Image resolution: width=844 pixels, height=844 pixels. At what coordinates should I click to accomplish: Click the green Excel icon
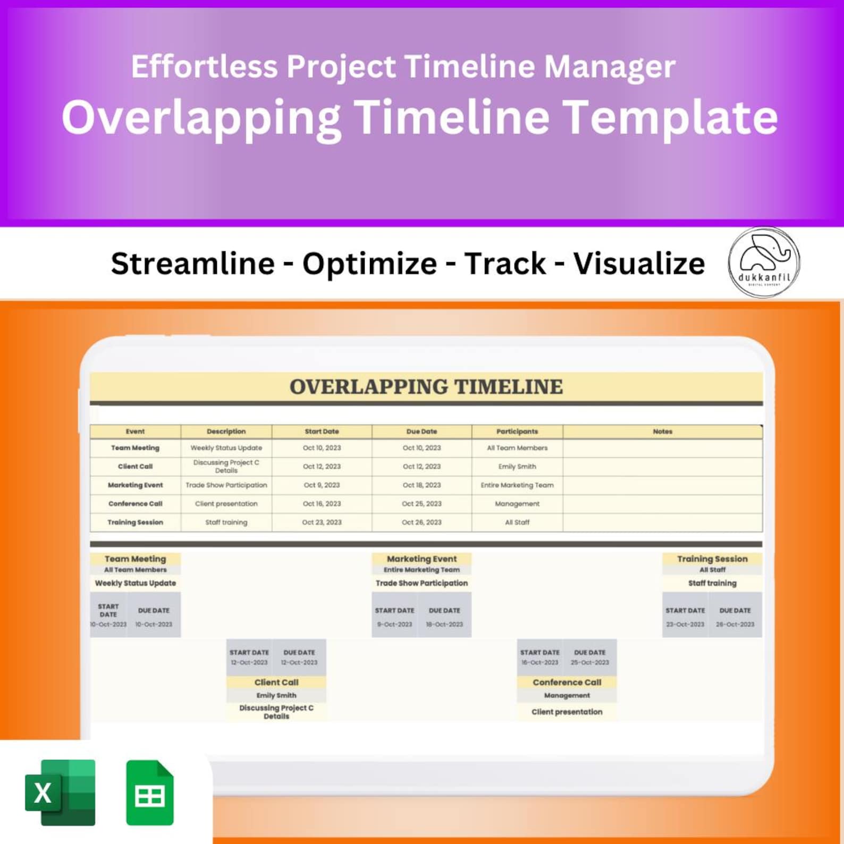(60, 792)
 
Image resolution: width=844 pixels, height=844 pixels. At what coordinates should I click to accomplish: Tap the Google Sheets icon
(150, 793)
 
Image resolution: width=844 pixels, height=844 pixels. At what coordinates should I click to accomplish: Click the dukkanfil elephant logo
(764, 262)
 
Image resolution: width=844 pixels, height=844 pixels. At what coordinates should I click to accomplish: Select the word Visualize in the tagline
(639, 264)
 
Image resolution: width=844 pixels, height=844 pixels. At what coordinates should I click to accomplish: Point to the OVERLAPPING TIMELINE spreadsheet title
(426, 387)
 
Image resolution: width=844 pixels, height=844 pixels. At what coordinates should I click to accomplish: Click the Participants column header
(517, 432)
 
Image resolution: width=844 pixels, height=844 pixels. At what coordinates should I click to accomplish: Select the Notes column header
(662, 432)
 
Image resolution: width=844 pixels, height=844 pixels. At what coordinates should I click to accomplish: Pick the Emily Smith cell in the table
(517, 467)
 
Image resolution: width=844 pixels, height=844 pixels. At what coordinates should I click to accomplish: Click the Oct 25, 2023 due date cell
(421, 504)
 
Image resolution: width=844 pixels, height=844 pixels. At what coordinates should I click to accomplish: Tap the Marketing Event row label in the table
(136, 485)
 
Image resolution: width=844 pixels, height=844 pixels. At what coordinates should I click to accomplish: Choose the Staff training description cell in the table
(226, 522)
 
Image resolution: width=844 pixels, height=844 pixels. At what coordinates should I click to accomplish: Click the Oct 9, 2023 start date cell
(322, 485)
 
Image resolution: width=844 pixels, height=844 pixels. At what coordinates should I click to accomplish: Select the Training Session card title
(712, 559)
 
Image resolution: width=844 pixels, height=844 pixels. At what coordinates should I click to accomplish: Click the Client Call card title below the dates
(276, 682)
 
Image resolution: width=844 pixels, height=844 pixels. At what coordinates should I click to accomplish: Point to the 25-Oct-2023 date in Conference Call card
(590, 663)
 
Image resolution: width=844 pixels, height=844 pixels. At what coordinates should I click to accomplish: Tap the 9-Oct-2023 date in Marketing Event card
(394, 624)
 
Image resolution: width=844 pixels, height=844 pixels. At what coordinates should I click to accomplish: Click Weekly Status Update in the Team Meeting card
(136, 583)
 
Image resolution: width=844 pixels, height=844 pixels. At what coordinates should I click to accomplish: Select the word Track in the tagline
(505, 264)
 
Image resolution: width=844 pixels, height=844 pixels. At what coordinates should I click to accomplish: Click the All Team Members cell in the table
(517, 448)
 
